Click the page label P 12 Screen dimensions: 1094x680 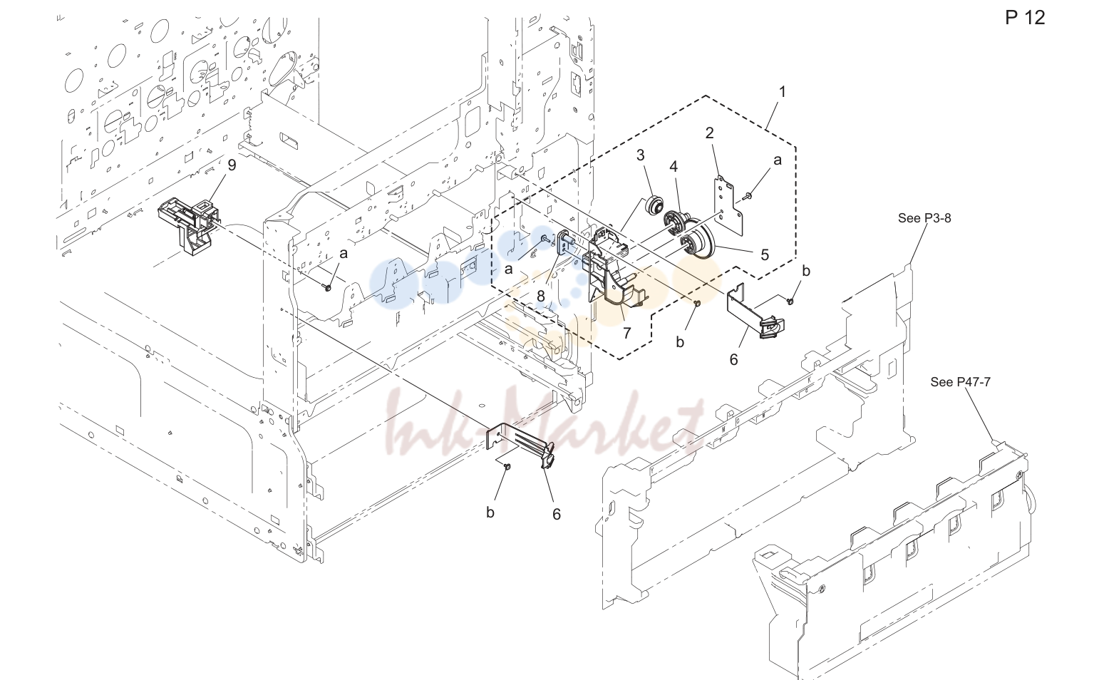click(x=1025, y=18)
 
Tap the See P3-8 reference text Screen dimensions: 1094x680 click(x=924, y=218)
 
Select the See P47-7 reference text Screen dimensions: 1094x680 click(x=960, y=381)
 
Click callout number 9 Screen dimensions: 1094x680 click(x=232, y=165)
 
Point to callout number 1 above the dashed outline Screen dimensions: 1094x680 click(x=783, y=92)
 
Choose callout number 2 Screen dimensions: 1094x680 click(x=710, y=133)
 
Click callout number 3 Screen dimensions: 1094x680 click(x=640, y=155)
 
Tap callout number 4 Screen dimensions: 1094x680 click(x=674, y=167)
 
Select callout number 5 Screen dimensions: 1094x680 click(x=765, y=254)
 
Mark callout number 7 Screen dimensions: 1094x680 click(x=627, y=333)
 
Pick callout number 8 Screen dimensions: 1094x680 click(x=541, y=296)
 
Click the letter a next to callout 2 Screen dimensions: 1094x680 click(x=778, y=160)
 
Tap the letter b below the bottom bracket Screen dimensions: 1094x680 click(x=490, y=512)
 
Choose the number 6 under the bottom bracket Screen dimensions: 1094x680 click(x=557, y=514)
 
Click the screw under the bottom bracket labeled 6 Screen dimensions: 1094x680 click(x=507, y=467)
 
